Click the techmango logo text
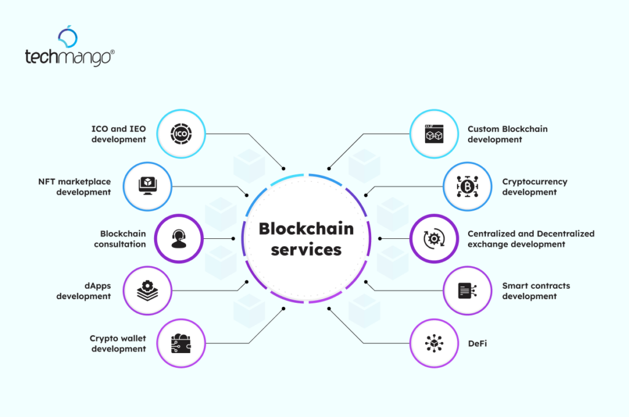point(68,58)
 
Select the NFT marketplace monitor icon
point(147,185)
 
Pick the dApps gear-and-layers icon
point(147,290)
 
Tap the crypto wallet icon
point(180,343)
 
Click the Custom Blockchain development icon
point(434,133)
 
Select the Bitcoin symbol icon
point(468,185)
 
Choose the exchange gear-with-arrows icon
point(434,238)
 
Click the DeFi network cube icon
point(434,343)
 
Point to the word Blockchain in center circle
point(306,229)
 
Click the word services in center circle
point(306,250)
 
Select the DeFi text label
point(479,343)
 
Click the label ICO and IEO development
point(119,134)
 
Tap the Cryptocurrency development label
point(534,187)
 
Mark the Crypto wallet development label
point(118,343)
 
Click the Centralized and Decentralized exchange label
point(531,239)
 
